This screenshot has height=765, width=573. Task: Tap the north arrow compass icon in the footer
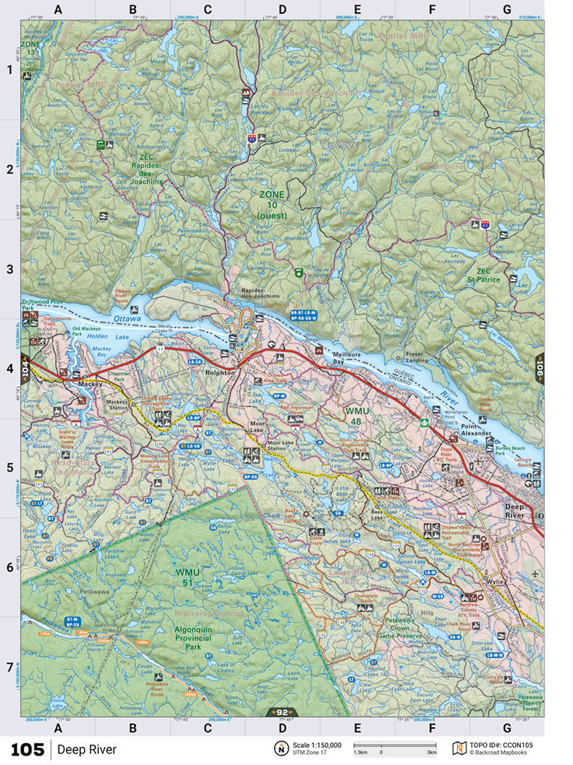[x=279, y=749]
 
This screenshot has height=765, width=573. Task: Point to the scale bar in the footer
[x=394, y=745]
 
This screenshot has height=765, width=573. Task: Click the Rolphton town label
[x=222, y=372]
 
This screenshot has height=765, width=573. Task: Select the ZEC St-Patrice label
[x=483, y=275]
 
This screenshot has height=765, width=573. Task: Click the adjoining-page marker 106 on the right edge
[x=539, y=367]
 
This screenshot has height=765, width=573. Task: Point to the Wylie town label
[x=496, y=582]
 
